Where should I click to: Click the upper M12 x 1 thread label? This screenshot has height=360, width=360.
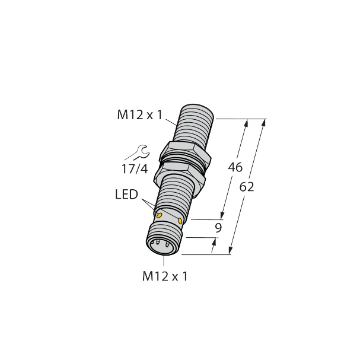point(140,116)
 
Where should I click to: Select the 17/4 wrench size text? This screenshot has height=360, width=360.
point(136,168)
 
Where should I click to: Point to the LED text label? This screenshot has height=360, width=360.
point(126,195)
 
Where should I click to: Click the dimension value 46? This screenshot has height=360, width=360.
point(235,168)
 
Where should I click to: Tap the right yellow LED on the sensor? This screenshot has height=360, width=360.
point(179,222)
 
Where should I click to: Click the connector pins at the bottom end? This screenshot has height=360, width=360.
point(160,243)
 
